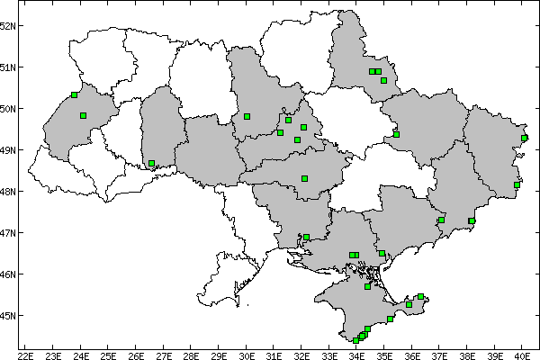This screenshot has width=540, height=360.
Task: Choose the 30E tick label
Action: (x=247, y=353)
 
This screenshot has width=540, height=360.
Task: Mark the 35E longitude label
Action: (x=385, y=353)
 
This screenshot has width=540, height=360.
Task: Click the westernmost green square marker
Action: (x=74, y=94)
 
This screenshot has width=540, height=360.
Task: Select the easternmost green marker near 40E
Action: (x=525, y=138)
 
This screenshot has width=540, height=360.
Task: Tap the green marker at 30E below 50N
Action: (x=247, y=116)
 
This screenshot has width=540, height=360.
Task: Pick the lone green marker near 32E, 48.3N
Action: (x=304, y=178)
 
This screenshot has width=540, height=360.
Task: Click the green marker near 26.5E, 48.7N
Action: (x=151, y=163)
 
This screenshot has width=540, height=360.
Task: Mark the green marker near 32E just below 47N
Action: (x=306, y=238)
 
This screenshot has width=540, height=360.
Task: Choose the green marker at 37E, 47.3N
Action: (x=441, y=220)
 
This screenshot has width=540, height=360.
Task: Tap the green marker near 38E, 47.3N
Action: (x=472, y=220)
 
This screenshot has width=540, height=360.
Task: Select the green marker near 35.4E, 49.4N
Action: (x=396, y=134)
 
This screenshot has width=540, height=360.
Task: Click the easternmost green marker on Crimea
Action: (x=420, y=296)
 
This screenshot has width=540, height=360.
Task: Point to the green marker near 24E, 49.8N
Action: (x=83, y=115)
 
